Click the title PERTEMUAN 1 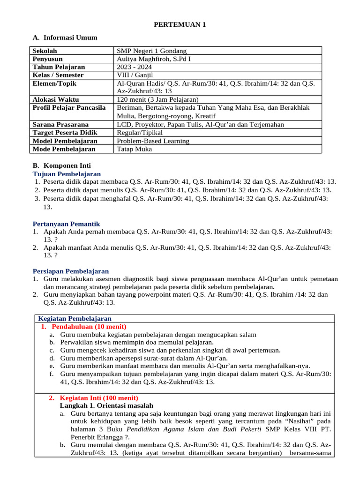180,25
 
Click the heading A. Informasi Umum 65,37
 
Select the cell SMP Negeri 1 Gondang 151,51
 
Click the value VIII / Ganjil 135,75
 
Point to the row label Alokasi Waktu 55,99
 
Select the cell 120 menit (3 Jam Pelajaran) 157,99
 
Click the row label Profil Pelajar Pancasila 69,108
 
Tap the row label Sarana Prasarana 60,125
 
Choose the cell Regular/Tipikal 139,133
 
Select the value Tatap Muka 134,149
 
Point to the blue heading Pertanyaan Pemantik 66,224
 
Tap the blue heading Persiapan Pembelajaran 70,271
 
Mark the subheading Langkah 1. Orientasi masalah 106,405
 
